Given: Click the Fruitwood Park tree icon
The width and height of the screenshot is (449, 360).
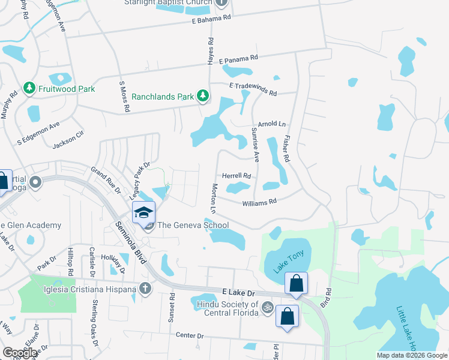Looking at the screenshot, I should click(28, 89).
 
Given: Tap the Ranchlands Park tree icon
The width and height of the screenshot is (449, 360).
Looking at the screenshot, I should click(203, 96).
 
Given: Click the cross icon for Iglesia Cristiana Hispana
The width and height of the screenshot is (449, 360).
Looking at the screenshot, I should click(144, 289).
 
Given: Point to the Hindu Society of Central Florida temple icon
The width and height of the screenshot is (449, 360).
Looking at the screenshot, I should click(268, 305).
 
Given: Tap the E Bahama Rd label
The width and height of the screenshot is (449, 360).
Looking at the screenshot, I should click(211, 19).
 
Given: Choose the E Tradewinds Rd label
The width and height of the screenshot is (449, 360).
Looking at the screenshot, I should click(253, 89).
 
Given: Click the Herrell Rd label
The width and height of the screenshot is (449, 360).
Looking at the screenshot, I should click(237, 176).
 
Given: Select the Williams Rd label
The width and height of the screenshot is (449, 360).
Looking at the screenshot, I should click(259, 203).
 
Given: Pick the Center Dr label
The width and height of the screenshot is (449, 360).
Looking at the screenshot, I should click(191, 335).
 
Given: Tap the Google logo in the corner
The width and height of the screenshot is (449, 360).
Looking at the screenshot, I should click(20, 353).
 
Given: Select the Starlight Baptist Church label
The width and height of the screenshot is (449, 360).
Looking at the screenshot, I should click(168, 2).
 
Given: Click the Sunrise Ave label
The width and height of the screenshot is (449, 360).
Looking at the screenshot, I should click(255, 145).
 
